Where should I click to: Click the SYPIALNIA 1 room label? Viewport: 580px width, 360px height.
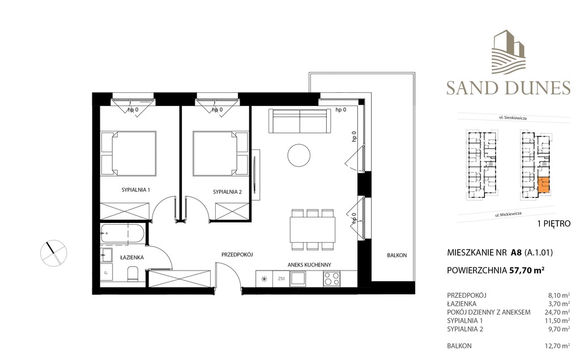(x=136, y=190)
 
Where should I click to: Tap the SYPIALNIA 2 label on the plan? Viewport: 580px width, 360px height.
(x=227, y=192)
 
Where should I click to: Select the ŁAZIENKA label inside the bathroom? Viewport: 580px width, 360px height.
(x=131, y=257)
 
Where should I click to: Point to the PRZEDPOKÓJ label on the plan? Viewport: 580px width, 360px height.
(x=237, y=255)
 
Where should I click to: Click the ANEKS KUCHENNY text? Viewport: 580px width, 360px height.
(x=309, y=265)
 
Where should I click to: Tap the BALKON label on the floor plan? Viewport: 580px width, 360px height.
(x=397, y=255)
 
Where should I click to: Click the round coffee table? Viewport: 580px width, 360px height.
(x=299, y=155)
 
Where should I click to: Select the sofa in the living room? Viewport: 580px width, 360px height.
(x=300, y=121)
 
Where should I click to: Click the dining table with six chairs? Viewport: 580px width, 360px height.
(x=313, y=229)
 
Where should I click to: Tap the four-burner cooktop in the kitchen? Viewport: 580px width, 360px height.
(x=332, y=278)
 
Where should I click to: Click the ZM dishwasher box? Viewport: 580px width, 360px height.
(x=281, y=278)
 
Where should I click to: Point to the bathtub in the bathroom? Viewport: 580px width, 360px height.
(x=122, y=234)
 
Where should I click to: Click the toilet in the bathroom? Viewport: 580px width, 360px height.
(x=133, y=275)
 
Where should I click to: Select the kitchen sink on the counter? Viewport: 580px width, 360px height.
(x=298, y=278)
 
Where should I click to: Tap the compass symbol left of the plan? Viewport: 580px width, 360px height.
(x=54, y=253)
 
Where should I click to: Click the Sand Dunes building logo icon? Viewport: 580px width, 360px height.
(x=508, y=51)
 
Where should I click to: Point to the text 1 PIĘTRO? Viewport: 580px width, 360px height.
(x=553, y=224)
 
